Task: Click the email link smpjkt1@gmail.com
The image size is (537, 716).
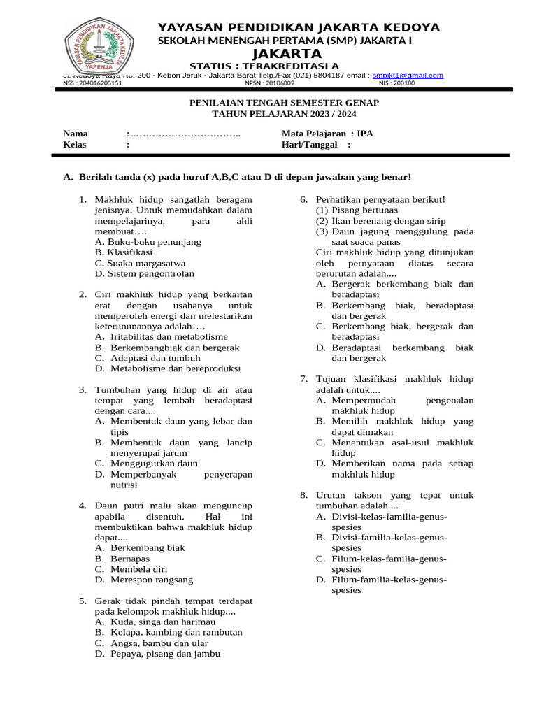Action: tap(408, 76)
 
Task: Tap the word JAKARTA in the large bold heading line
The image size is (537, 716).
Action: tap(287, 54)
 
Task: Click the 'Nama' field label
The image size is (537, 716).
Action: tap(76, 133)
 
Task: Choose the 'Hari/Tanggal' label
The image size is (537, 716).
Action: tap(310, 145)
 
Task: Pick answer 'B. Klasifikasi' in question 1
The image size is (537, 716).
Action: tap(124, 252)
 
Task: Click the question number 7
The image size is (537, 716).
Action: tap(304, 379)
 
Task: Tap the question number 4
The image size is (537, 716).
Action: tap(83, 506)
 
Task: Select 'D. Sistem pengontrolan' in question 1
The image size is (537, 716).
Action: tap(145, 273)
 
